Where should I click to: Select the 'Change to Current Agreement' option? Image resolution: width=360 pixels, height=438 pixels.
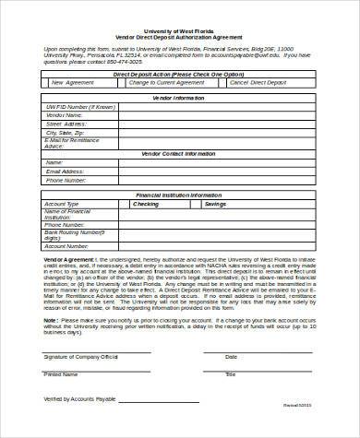(x=165, y=82)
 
